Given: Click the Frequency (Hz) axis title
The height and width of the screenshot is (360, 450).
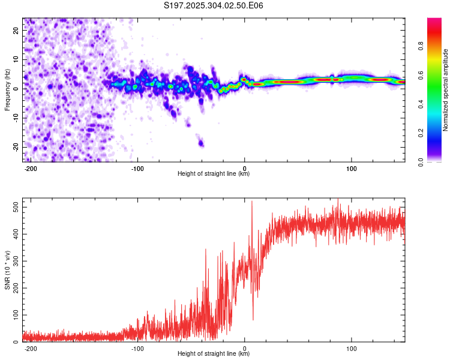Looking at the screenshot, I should pos(7,89).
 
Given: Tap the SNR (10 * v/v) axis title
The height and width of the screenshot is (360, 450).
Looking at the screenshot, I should pos(7,269).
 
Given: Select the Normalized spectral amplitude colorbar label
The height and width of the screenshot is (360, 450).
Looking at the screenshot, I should pos(445,90).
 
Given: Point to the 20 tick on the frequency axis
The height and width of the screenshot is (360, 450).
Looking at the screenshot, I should pos(16,31).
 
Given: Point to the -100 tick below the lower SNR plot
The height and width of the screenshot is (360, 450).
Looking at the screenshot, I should pos(137,348).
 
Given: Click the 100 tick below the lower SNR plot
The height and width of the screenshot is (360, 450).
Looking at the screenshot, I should pos(352,348).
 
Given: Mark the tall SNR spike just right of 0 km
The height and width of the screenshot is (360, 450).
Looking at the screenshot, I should pos(251,203).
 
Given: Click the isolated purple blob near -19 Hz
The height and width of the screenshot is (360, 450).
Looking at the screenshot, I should pos(202,143).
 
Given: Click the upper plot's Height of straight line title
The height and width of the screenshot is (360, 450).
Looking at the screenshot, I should pos(214,174).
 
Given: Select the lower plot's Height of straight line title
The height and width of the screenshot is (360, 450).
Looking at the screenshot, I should pos(214,354).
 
